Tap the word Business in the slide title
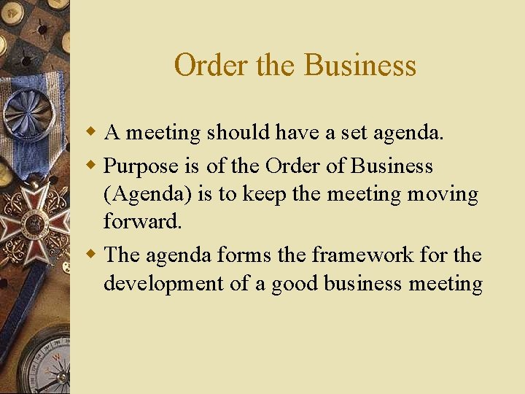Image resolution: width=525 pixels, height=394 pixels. (359, 66)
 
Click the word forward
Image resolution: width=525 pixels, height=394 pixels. (142, 221)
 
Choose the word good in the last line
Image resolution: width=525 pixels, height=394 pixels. (296, 283)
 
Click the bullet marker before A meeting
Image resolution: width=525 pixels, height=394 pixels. (91, 133)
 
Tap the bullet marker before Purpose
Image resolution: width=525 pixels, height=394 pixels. (91, 166)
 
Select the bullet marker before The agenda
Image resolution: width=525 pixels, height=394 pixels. (91, 255)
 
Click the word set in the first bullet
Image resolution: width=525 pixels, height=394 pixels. (353, 133)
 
